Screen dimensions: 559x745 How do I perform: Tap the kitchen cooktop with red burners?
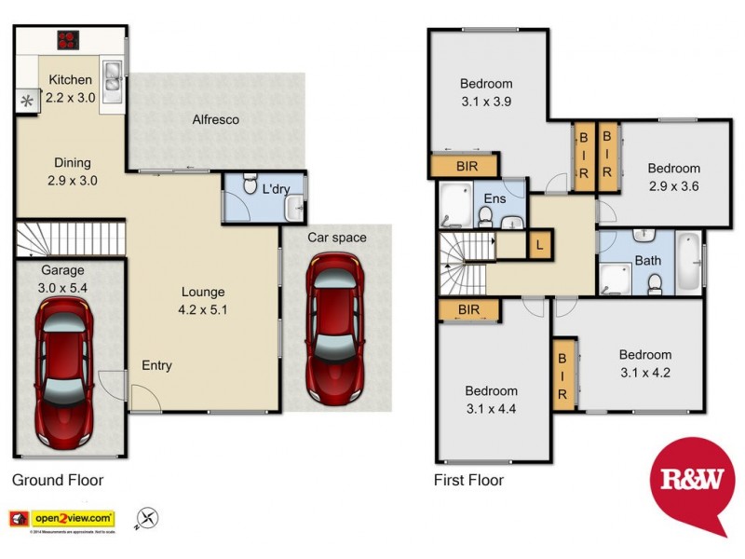[68, 39]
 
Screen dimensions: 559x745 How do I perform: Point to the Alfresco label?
[215, 119]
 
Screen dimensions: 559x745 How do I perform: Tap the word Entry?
[156, 365]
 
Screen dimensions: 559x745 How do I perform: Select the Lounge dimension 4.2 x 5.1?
[203, 309]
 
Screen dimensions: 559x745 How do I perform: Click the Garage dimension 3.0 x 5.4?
[63, 287]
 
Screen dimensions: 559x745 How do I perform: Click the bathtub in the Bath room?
[688, 260]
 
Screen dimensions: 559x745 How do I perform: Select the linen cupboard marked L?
[538, 246]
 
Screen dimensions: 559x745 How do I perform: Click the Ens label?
[494, 198]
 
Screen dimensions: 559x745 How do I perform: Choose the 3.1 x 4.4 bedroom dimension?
[491, 408]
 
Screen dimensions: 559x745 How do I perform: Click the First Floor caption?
[468, 481]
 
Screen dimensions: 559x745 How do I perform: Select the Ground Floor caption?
[57, 481]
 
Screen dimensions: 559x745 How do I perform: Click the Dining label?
[72, 162]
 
